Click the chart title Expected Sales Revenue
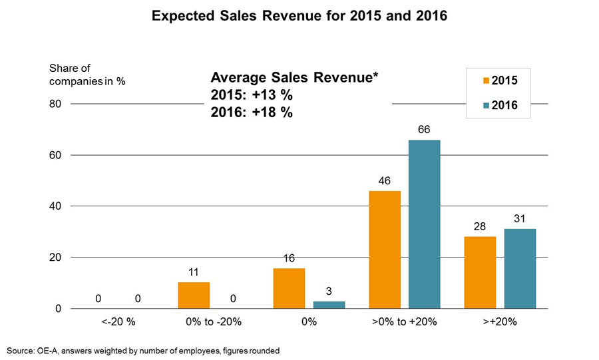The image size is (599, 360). click(x=299, y=15)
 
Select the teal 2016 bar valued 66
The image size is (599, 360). click(x=424, y=224)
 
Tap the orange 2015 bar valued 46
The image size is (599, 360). click(x=385, y=250)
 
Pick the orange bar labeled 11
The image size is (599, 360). click(x=194, y=295)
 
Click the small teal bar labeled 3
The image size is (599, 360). click(x=329, y=305)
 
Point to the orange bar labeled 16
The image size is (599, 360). click(x=289, y=288)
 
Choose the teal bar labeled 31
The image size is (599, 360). click(x=520, y=269)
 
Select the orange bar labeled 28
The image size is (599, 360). click(x=480, y=273)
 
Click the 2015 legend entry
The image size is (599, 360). click(x=500, y=81)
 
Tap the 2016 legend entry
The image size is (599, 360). click(x=500, y=105)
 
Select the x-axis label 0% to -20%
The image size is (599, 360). click(x=214, y=321)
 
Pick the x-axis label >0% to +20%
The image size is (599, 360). click(x=405, y=321)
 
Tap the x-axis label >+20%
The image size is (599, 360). click(x=500, y=321)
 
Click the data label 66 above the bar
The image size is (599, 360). click(x=424, y=129)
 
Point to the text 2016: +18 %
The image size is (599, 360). click(x=252, y=112)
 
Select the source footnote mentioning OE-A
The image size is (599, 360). click(x=143, y=350)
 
